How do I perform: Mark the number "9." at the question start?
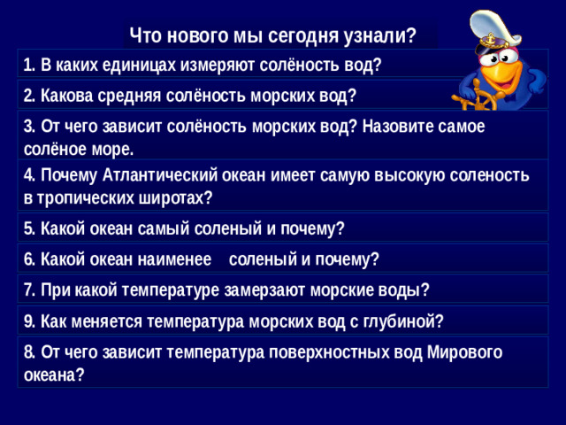31,320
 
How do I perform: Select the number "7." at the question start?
31,290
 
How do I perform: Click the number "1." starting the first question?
30,65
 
